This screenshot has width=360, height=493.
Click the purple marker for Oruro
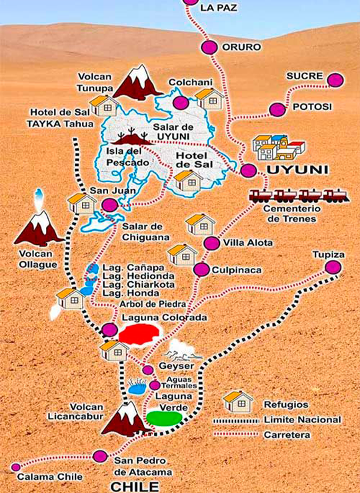coord(209,47)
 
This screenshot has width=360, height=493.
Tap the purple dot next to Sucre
coord(335,80)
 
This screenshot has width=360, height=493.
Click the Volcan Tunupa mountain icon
coord(137,83)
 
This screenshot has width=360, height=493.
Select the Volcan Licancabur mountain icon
coord(125,418)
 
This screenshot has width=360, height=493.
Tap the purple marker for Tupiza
coord(332,267)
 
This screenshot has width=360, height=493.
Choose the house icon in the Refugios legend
coord(239,401)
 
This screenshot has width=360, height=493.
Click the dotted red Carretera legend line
coord(236,434)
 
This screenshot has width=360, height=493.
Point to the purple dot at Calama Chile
coord(15,466)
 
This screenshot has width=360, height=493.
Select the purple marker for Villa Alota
coord(211,243)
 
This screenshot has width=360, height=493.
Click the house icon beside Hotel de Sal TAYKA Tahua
coord(103,105)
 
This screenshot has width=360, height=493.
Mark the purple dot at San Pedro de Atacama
coord(100,456)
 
